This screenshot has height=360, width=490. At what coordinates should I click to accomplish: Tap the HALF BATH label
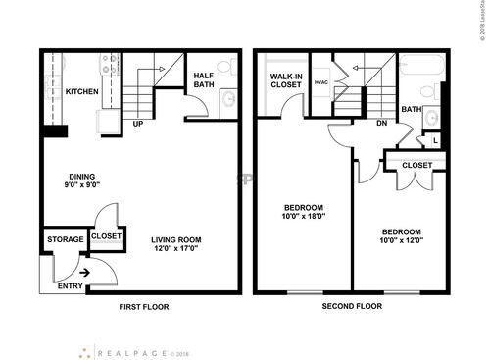tap(205, 80)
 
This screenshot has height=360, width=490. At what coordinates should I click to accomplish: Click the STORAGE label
tap(65, 240)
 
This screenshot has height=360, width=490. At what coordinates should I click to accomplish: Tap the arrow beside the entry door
tap(86, 273)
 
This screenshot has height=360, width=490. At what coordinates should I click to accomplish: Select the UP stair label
tap(137, 125)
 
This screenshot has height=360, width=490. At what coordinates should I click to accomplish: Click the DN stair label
tap(381, 123)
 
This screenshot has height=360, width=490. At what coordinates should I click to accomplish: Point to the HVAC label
tap(321, 82)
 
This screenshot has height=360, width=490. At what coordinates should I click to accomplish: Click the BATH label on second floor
tap(411, 110)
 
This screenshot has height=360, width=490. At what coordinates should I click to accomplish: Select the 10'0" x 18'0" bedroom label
tap(304, 212)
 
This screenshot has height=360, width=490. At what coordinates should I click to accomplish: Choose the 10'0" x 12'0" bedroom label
tap(402, 236)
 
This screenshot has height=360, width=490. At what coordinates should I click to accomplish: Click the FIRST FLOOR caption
tap(144, 307)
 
